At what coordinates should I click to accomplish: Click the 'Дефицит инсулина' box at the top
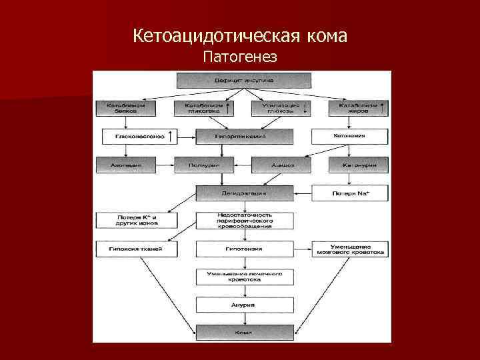pyautogui.click(x=243, y=80)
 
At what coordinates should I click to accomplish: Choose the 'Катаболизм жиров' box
pyautogui.click(x=357, y=109)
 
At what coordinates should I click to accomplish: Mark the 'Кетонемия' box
pyautogui.click(x=349, y=136)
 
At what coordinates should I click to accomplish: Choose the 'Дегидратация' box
pyautogui.click(x=244, y=193)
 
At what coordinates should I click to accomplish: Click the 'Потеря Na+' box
pyautogui.click(x=349, y=193)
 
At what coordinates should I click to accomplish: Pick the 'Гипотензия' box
pyautogui.click(x=244, y=249)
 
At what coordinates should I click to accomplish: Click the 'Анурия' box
pyautogui.click(x=244, y=305)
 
